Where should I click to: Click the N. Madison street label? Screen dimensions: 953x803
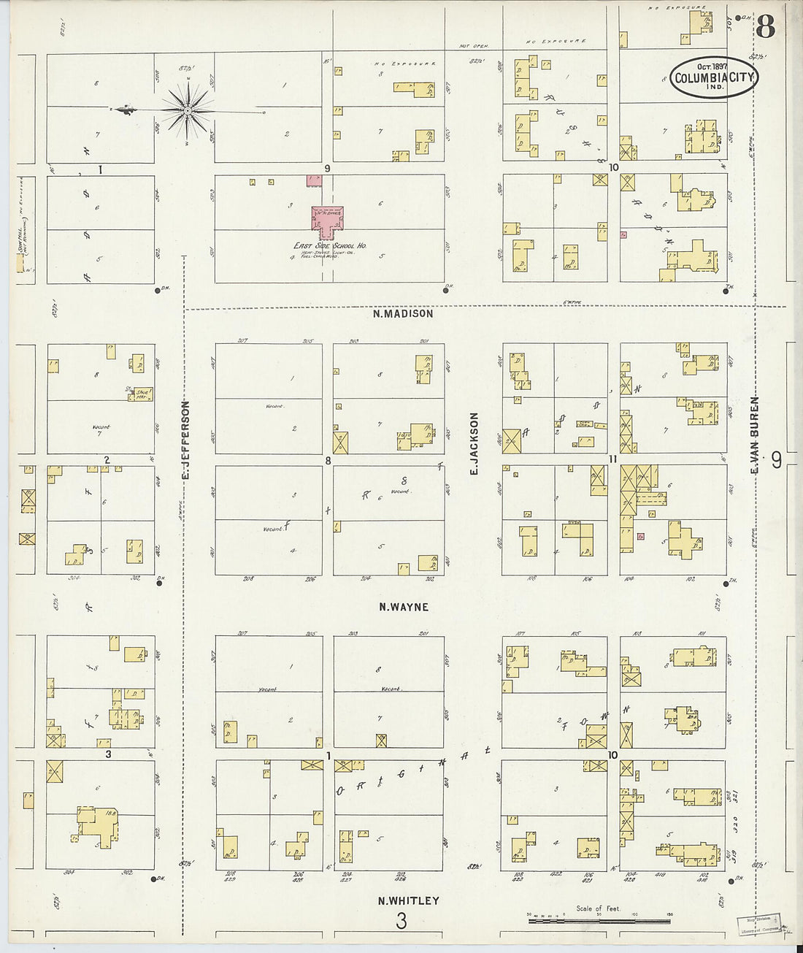click(402, 314)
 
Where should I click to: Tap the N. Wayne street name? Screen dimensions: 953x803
click(404, 607)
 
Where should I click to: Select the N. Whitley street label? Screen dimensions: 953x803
click(408, 900)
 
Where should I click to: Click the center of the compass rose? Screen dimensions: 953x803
click(187, 111)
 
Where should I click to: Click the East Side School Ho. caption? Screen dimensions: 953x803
click(330, 247)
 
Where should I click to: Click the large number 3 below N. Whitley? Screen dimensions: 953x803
click(401, 921)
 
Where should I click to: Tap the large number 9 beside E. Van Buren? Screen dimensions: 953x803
click(776, 460)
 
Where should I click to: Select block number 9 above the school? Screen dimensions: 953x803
click(328, 169)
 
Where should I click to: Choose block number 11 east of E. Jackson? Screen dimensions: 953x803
click(613, 459)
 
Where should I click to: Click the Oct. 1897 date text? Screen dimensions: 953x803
click(712, 64)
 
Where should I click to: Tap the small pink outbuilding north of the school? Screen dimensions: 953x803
click(315, 179)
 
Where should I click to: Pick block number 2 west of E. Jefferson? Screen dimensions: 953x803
click(107, 460)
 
